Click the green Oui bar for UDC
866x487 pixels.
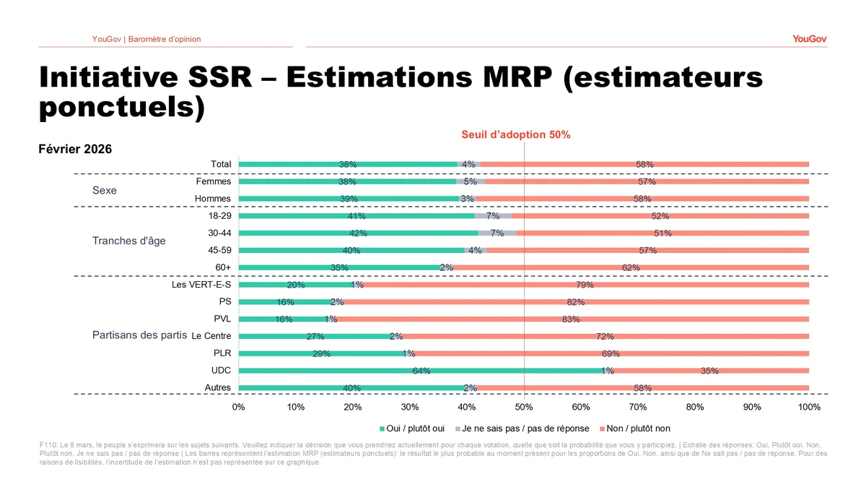point(346,371)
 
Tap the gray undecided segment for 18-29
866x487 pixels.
point(493,216)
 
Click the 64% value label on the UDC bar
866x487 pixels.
point(421,371)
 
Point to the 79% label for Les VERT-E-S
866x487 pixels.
point(585,285)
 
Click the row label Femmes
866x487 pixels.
point(214,182)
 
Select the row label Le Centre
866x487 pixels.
point(211,336)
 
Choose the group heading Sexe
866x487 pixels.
point(105,191)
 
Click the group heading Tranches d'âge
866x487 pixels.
point(129,241)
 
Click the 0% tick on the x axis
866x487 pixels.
point(239,408)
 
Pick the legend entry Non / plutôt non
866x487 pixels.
point(638,428)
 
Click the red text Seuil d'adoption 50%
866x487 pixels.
point(516,134)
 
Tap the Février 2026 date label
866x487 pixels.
point(75,150)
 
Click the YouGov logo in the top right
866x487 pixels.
point(810,39)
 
